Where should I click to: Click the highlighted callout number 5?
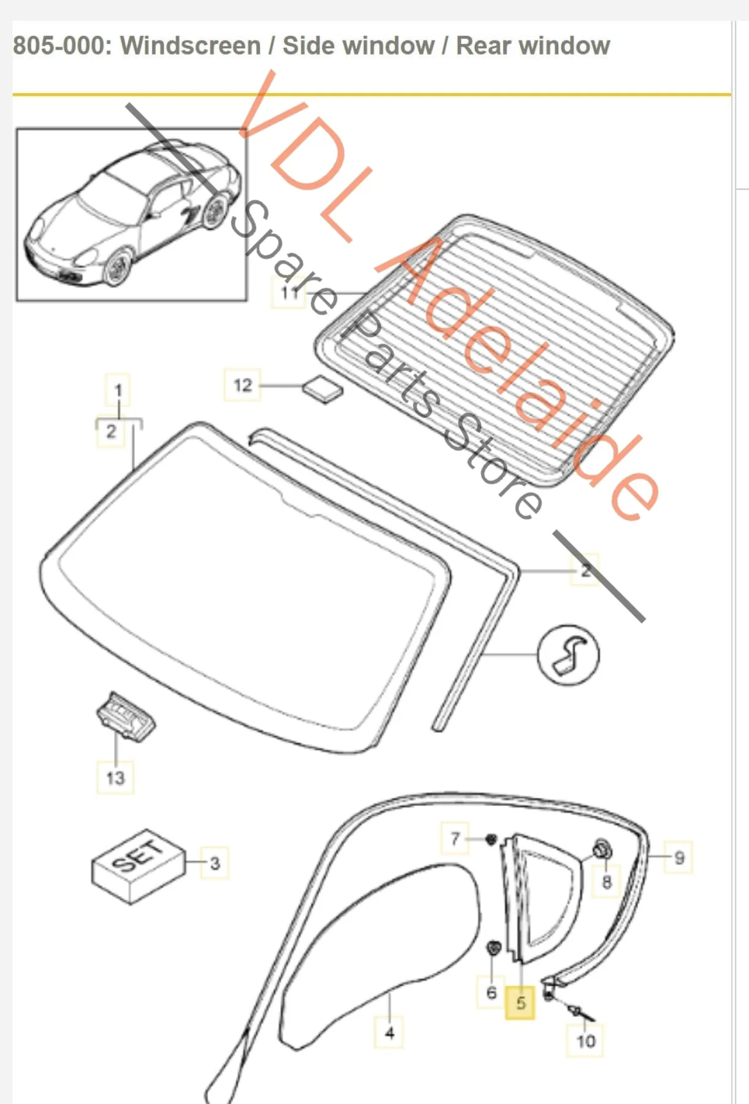pyautogui.click(x=520, y=1003)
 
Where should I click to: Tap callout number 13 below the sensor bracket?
pyautogui.click(x=115, y=778)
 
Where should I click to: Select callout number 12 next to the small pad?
pyautogui.click(x=242, y=385)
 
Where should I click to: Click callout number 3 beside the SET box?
pyautogui.click(x=215, y=863)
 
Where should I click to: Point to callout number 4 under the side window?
pyautogui.click(x=390, y=1033)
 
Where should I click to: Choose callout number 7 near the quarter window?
pyautogui.click(x=455, y=838)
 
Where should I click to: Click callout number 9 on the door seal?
pyautogui.click(x=678, y=857)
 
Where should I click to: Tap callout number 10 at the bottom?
pyautogui.click(x=585, y=1041)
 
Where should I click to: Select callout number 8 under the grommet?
pyautogui.click(x=607, y=882)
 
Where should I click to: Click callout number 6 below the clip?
pyautogui.click(x=491, y=992)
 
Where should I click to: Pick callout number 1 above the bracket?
pyautogui.click(x=118, y=390)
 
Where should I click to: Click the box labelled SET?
pyautogui.click(x=139, y=866)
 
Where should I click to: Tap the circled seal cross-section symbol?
pyautogui.click(x=567, y=655)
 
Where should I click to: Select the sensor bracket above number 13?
pyautogui.click(x=126, y=716)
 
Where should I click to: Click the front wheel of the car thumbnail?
pyautogui.click(x=118, y=264)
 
